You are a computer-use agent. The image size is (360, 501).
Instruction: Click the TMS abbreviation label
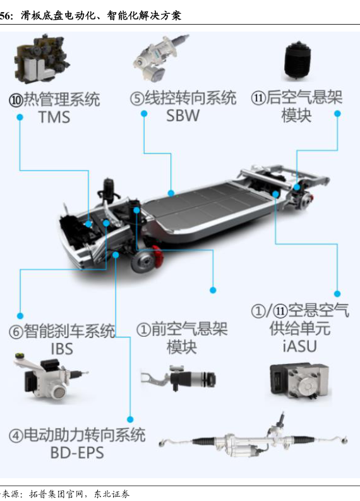click(x=54, y=117)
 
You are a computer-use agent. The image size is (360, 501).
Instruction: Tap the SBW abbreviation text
click(x=183, y=116)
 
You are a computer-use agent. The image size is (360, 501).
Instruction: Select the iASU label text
click(x=299, y=346)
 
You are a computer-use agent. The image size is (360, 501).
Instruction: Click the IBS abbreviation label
click(x=62, y=349)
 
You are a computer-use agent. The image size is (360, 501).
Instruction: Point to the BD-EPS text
click(x=77, y=452)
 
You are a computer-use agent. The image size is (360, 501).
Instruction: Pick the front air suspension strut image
click(x=179, y=378)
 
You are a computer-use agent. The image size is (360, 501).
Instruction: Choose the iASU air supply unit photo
click(x=299, y=380)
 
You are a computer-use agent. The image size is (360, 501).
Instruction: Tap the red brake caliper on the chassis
click(x=158, y=256)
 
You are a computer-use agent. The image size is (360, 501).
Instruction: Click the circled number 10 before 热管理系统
click(x=16, y=100)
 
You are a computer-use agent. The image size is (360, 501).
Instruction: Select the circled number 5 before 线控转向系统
click(x=137, y=99)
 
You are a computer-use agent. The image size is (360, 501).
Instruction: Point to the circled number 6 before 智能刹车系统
click(x=16, y=331)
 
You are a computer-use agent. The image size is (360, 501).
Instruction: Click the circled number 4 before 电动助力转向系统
click(x=16, y=435)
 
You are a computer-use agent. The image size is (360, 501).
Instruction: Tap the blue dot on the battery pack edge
click(x=171, y=193)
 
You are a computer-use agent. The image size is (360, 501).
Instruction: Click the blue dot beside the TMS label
click(x=20, y=118)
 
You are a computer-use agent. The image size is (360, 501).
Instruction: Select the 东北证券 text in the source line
click(x=112, y=494)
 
